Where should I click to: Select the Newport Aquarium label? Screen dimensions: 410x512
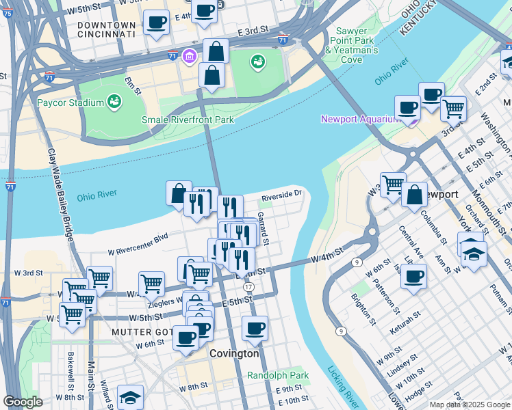pos(359,120)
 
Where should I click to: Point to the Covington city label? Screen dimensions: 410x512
pos(234,354)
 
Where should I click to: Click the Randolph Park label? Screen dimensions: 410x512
pos(278,375)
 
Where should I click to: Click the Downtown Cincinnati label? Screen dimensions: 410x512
pos(106,28)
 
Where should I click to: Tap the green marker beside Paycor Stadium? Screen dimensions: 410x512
pos(114,102)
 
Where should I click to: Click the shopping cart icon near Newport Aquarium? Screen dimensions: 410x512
pos(452,107)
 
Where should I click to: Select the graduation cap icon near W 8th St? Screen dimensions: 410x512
pos(130,396)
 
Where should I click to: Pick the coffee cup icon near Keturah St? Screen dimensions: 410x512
pos(414,277)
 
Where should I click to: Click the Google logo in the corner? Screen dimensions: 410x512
pos(23,402)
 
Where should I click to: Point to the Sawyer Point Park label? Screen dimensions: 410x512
pos(352,41)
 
